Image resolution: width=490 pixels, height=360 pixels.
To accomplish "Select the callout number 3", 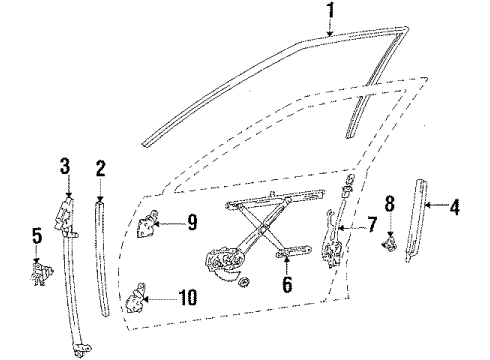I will coord(66,166).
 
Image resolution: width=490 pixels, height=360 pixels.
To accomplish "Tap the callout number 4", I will coord(454,208).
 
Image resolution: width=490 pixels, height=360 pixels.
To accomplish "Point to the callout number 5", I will coord(38,237).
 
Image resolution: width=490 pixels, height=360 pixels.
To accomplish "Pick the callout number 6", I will coord(287,286).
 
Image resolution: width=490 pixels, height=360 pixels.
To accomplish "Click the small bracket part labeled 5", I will coord(41,270).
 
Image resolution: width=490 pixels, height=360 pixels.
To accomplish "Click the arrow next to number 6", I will coord(287,266).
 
